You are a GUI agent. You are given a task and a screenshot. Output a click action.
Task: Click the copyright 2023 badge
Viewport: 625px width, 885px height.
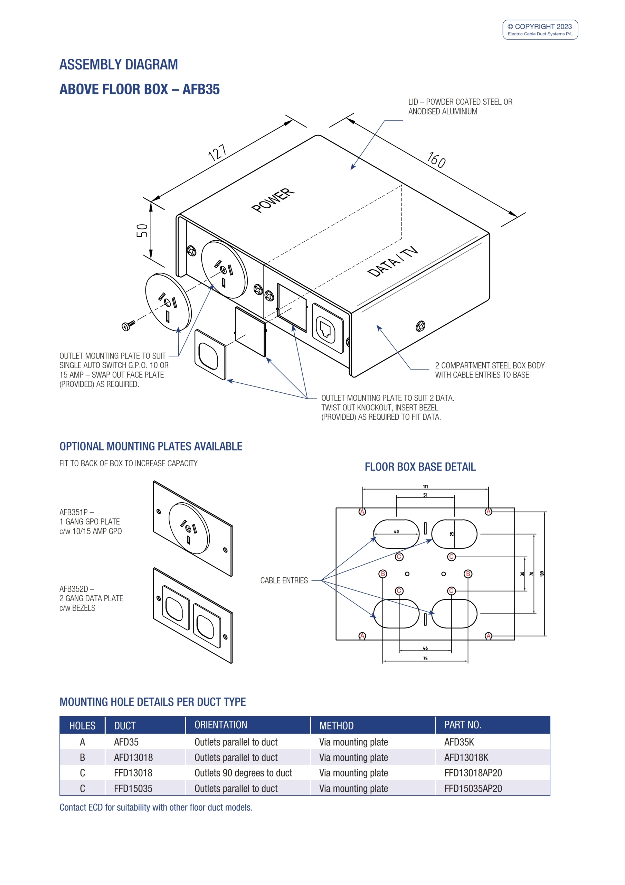click(x=540, y=30)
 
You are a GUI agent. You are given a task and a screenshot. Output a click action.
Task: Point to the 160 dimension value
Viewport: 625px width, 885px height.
click(x=437, y=160)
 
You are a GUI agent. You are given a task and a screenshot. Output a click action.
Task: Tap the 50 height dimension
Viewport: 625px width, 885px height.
click(x=142, y=231)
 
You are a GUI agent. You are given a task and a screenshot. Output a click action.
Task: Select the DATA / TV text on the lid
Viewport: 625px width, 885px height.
click(x=392, y=261)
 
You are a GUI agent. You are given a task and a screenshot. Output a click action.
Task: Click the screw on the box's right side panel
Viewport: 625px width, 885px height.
click(x=420, y=326)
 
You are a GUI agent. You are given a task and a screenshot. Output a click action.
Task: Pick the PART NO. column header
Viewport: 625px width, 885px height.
click(x=462, y=725)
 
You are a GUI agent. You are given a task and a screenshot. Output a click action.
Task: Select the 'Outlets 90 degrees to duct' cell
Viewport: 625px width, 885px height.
click(x=243, y=773)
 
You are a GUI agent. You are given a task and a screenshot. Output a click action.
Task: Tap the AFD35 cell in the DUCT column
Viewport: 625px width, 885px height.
click(x=126, y=742)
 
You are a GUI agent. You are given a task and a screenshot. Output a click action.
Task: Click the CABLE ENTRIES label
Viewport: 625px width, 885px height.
click(x=284, y=580)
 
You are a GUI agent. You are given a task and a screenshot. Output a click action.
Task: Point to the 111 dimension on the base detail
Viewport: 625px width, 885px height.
click(x=425, y=487)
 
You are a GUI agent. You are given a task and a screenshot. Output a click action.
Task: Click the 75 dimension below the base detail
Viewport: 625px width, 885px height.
click(x=425, y=658)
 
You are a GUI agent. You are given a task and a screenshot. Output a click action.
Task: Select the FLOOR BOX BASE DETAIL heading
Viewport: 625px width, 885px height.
click(x=420, y=467)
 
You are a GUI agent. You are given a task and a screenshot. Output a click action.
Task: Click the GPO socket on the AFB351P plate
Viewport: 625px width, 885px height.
click(x=189, y=528)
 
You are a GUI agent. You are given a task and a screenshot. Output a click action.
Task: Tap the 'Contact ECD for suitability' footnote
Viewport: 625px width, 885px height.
click(x=156, y=807)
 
